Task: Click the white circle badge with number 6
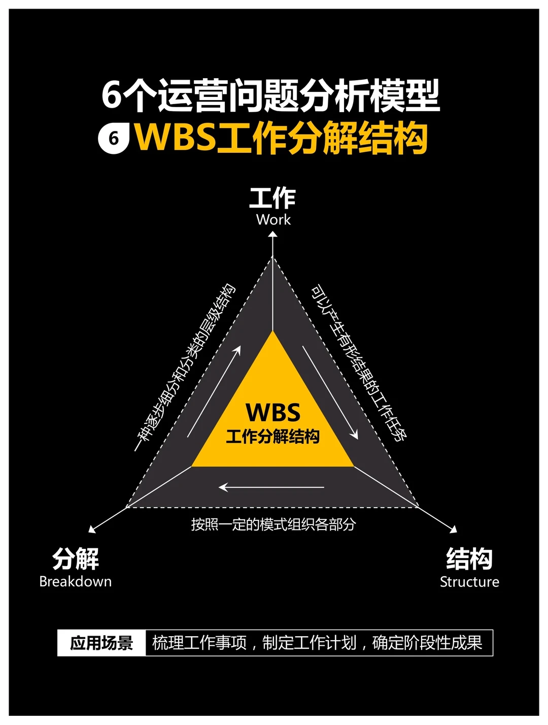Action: point(113,138)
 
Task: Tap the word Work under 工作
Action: point(273,220)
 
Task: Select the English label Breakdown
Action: point(75,582)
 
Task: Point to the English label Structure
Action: point(469,582)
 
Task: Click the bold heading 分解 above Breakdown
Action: point(76,558)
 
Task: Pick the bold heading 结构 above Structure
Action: point(469,558)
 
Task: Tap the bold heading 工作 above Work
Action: point(272,198)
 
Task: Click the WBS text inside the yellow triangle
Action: point(273,412)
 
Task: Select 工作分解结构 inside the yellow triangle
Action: point(273,437)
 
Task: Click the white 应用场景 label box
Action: point(101,643)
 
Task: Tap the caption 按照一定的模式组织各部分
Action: point(273,524)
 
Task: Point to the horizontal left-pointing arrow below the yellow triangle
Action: point(271,487)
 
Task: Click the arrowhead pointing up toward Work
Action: point(273,234)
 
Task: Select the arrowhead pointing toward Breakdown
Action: point(92,529)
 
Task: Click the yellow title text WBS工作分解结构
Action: point(281,138)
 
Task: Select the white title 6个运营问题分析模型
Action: point(270,95)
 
